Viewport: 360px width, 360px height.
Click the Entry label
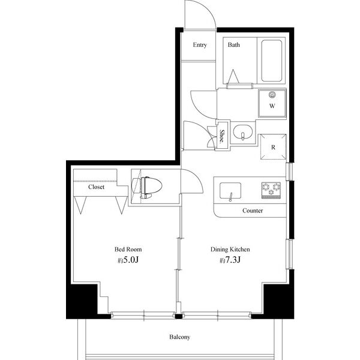pyautogui.click(x=200, y=45)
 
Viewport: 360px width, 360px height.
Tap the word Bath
pyautogui.click(x=234, y=44)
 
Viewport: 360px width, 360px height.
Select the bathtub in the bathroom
pyautogui.click(x=272, y=61)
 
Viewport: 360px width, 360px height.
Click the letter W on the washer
pyautogui.click(x=272, y=106)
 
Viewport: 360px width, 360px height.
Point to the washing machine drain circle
pyautogui.click(x=272, y=94)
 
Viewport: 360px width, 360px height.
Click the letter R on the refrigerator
pyautogui.click(x=273, y=147)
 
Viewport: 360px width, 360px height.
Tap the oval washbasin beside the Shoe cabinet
pyautogui.click(x=242, y=132)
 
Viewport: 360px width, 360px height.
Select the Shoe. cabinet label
pyautogui.click(x=222, y=136)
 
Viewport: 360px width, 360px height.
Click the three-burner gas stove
pyautogui.click(x=271, y=190)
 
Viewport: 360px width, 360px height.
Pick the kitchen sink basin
pyautogui.click(x=230, y=191)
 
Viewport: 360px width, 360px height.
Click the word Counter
pyautogui.click(x=253, y=211)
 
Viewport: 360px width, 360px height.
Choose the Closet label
pyautogui.click(x=96, y=187)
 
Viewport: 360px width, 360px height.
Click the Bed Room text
pyautogui.click(x=128, y=250)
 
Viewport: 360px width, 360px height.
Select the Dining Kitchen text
pyautogui.click(x=230, y=250)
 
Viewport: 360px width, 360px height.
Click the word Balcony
pyautogui.click(x=180, y=337)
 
